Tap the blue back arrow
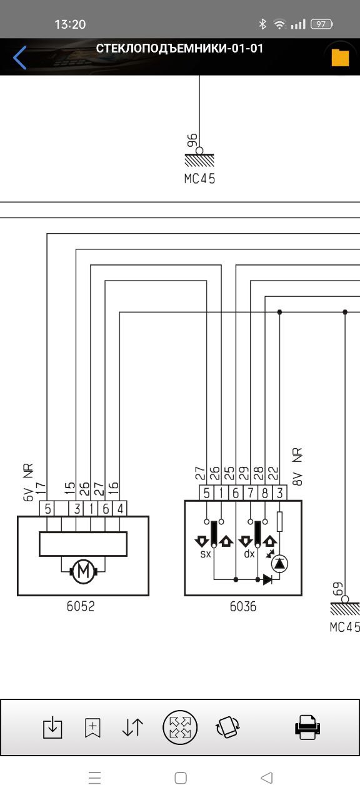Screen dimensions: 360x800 coord(19,57)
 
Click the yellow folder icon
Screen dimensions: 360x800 coord(340,57)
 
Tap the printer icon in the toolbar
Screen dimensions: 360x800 coord(307,727)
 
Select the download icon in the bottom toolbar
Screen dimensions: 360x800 coord(52,727)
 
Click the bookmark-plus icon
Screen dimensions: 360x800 coord(92,727)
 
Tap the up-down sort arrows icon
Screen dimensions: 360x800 coord(132,727)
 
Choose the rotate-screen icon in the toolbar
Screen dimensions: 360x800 coord(227,727)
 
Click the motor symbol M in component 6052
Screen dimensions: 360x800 coord(84,571)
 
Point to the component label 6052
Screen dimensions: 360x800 coord(81,606)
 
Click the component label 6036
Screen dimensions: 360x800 coord(243,606)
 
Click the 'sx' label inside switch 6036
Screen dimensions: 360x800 coord(206,554)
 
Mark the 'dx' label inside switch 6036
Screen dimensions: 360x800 coord(249,554)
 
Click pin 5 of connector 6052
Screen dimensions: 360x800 coord(47,509)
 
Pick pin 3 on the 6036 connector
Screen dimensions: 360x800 coord(279,493)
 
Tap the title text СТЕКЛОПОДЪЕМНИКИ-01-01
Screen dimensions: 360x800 coord(179,48)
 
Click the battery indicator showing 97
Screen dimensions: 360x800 coord(322,24)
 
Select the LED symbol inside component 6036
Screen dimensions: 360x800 coord(279,563)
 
